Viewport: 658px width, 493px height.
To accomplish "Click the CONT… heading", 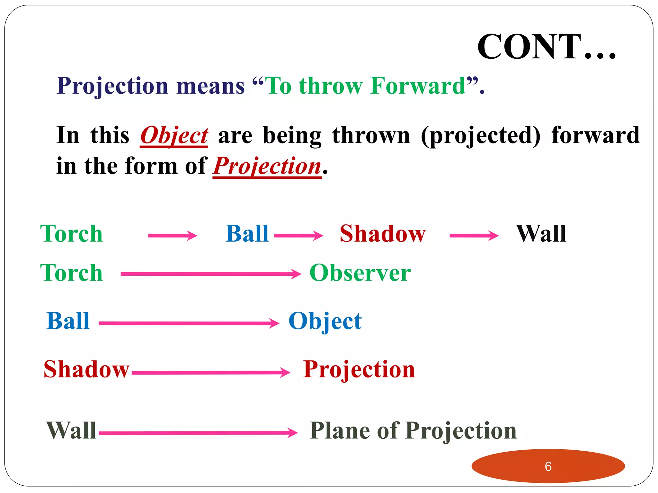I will tap(546, 47).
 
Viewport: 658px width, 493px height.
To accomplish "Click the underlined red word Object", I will tap(174, 135).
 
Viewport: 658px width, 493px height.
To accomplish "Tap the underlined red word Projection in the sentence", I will tap(267, 166).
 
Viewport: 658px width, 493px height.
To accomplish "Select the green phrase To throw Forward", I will tap(366, 86).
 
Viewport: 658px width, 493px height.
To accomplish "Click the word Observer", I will tap(360, 273).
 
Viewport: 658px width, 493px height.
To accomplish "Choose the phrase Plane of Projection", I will tap(413, 430).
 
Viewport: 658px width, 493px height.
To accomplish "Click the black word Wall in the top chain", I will tap(541, 234).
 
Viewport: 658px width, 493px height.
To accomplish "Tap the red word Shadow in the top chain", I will tap(383, 234).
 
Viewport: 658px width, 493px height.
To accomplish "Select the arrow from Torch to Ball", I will tap(172, 236).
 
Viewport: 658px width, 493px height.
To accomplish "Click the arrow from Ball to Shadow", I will tap(298, 236).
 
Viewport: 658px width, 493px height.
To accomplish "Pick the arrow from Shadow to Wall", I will tap(474, 236).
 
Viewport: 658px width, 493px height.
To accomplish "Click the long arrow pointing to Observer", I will tap(210, 274).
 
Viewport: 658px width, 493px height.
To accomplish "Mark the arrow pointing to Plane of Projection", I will tap(198, 433).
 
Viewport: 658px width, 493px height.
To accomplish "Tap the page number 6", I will tap(548, 466).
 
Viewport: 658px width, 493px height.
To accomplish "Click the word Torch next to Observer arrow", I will tap(71, 273).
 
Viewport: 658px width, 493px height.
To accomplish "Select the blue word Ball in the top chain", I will tap(247, 234).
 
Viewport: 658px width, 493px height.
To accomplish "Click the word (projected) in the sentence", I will tap(481, 135).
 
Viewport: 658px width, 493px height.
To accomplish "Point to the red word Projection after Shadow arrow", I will tap(359, 369).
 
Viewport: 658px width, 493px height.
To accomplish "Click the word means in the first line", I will tap(210, 86).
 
